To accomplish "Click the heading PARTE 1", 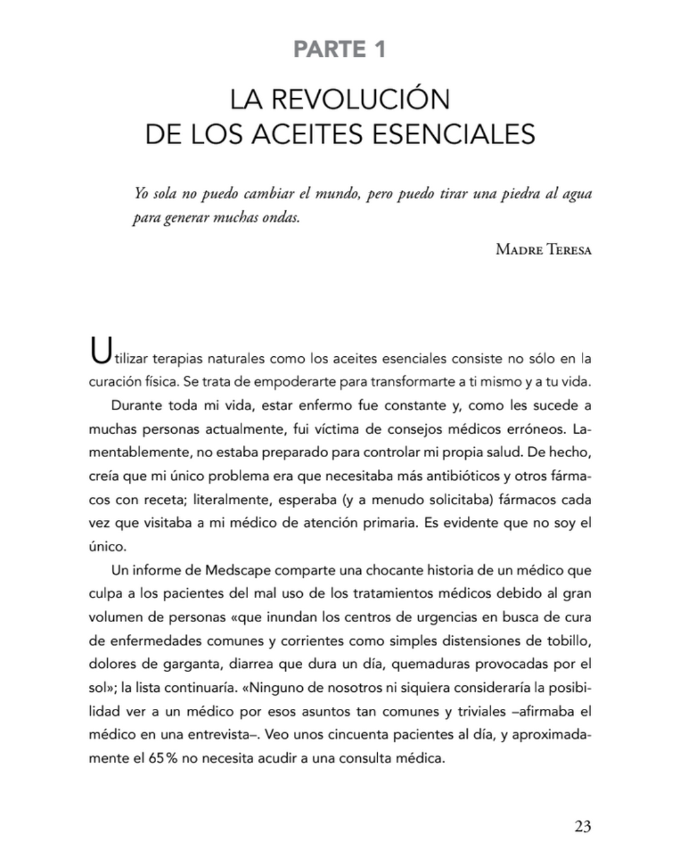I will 339,49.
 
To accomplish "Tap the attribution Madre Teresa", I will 543,249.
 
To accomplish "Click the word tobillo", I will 568,641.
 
